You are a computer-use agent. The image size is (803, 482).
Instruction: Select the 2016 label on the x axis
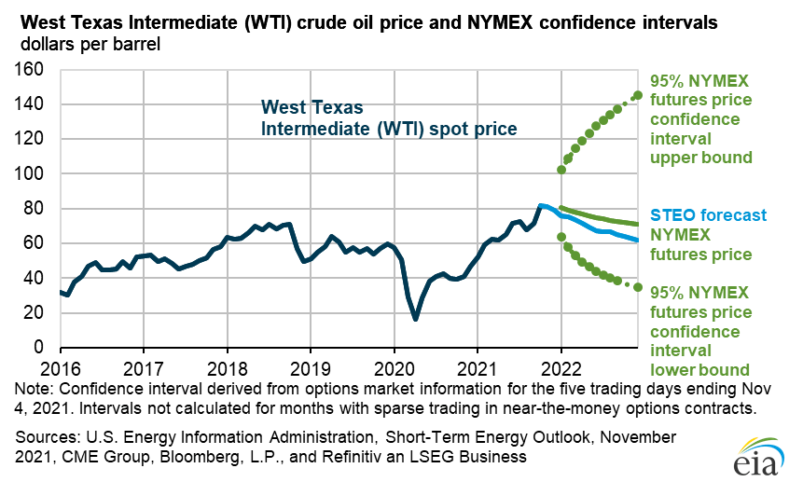[x=60, y=366]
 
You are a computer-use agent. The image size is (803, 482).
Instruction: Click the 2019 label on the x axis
[x=310, y=366]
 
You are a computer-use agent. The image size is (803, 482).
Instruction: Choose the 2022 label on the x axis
[x=561, y=366]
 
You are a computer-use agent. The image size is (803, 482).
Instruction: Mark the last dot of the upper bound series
[x=638, y=95]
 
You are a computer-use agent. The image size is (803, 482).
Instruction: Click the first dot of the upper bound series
[x=561, y=170]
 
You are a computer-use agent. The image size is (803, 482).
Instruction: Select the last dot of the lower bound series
[x=638, y=287]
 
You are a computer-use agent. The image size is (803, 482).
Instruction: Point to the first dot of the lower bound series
[x=561, y=237]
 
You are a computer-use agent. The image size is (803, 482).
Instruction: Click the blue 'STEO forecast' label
[x=696, y=214]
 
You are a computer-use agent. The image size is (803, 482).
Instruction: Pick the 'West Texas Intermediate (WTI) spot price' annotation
[x=388, y=117]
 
